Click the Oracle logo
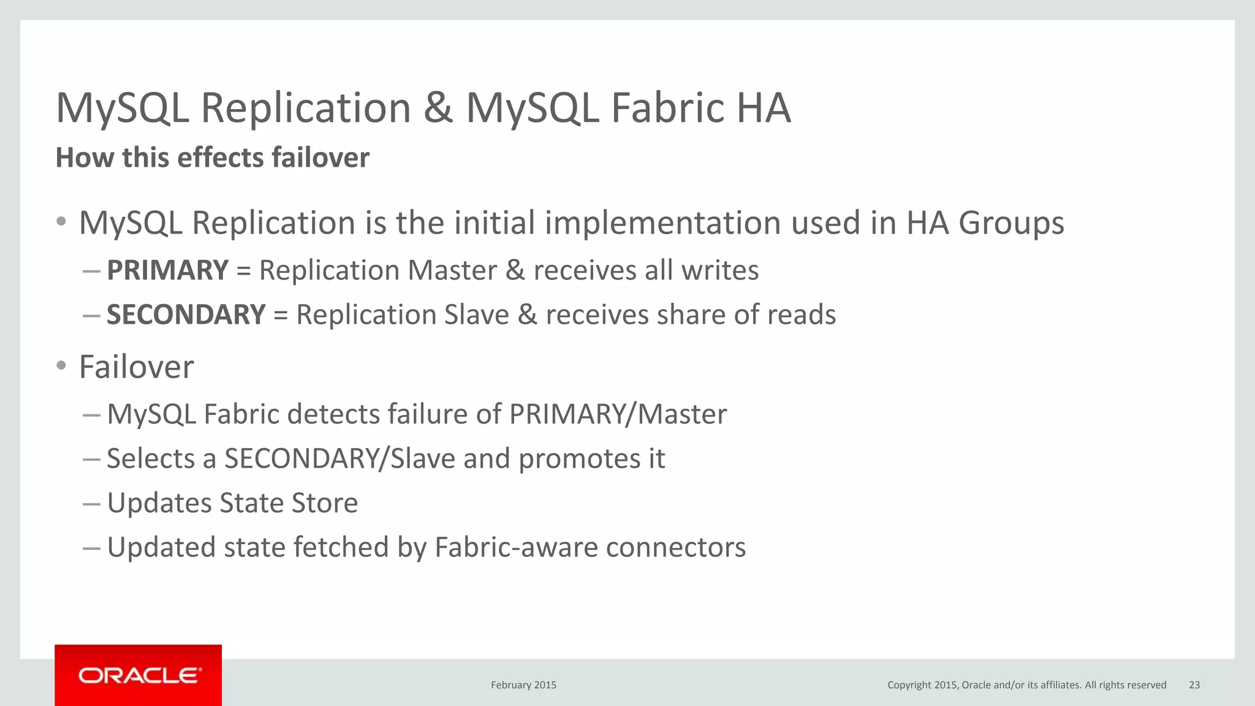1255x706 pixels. [138, 675]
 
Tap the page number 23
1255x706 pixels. [1194, 685]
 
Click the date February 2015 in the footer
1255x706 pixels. [523, 685]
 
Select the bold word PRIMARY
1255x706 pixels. [167, 270]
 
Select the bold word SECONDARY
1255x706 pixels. [186, 315]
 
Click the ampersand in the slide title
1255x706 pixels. [438, 108]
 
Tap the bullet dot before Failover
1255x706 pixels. [61, 366]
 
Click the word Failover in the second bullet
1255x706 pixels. [136, 367]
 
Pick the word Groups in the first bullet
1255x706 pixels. [1011, 223]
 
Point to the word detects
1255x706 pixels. [333, 414]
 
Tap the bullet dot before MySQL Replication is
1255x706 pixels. [61, 221]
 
